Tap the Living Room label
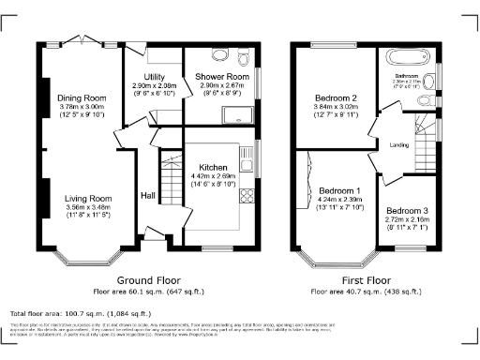tap(88, 199)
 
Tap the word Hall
tap(148, 195)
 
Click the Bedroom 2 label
tap(336, 98)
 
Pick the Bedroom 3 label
tap(406, 210)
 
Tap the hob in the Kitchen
tap(249, 196)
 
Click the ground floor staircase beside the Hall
tap(169, 172)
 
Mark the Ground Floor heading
tap(148, 280)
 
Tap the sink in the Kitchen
tap(250, 158)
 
